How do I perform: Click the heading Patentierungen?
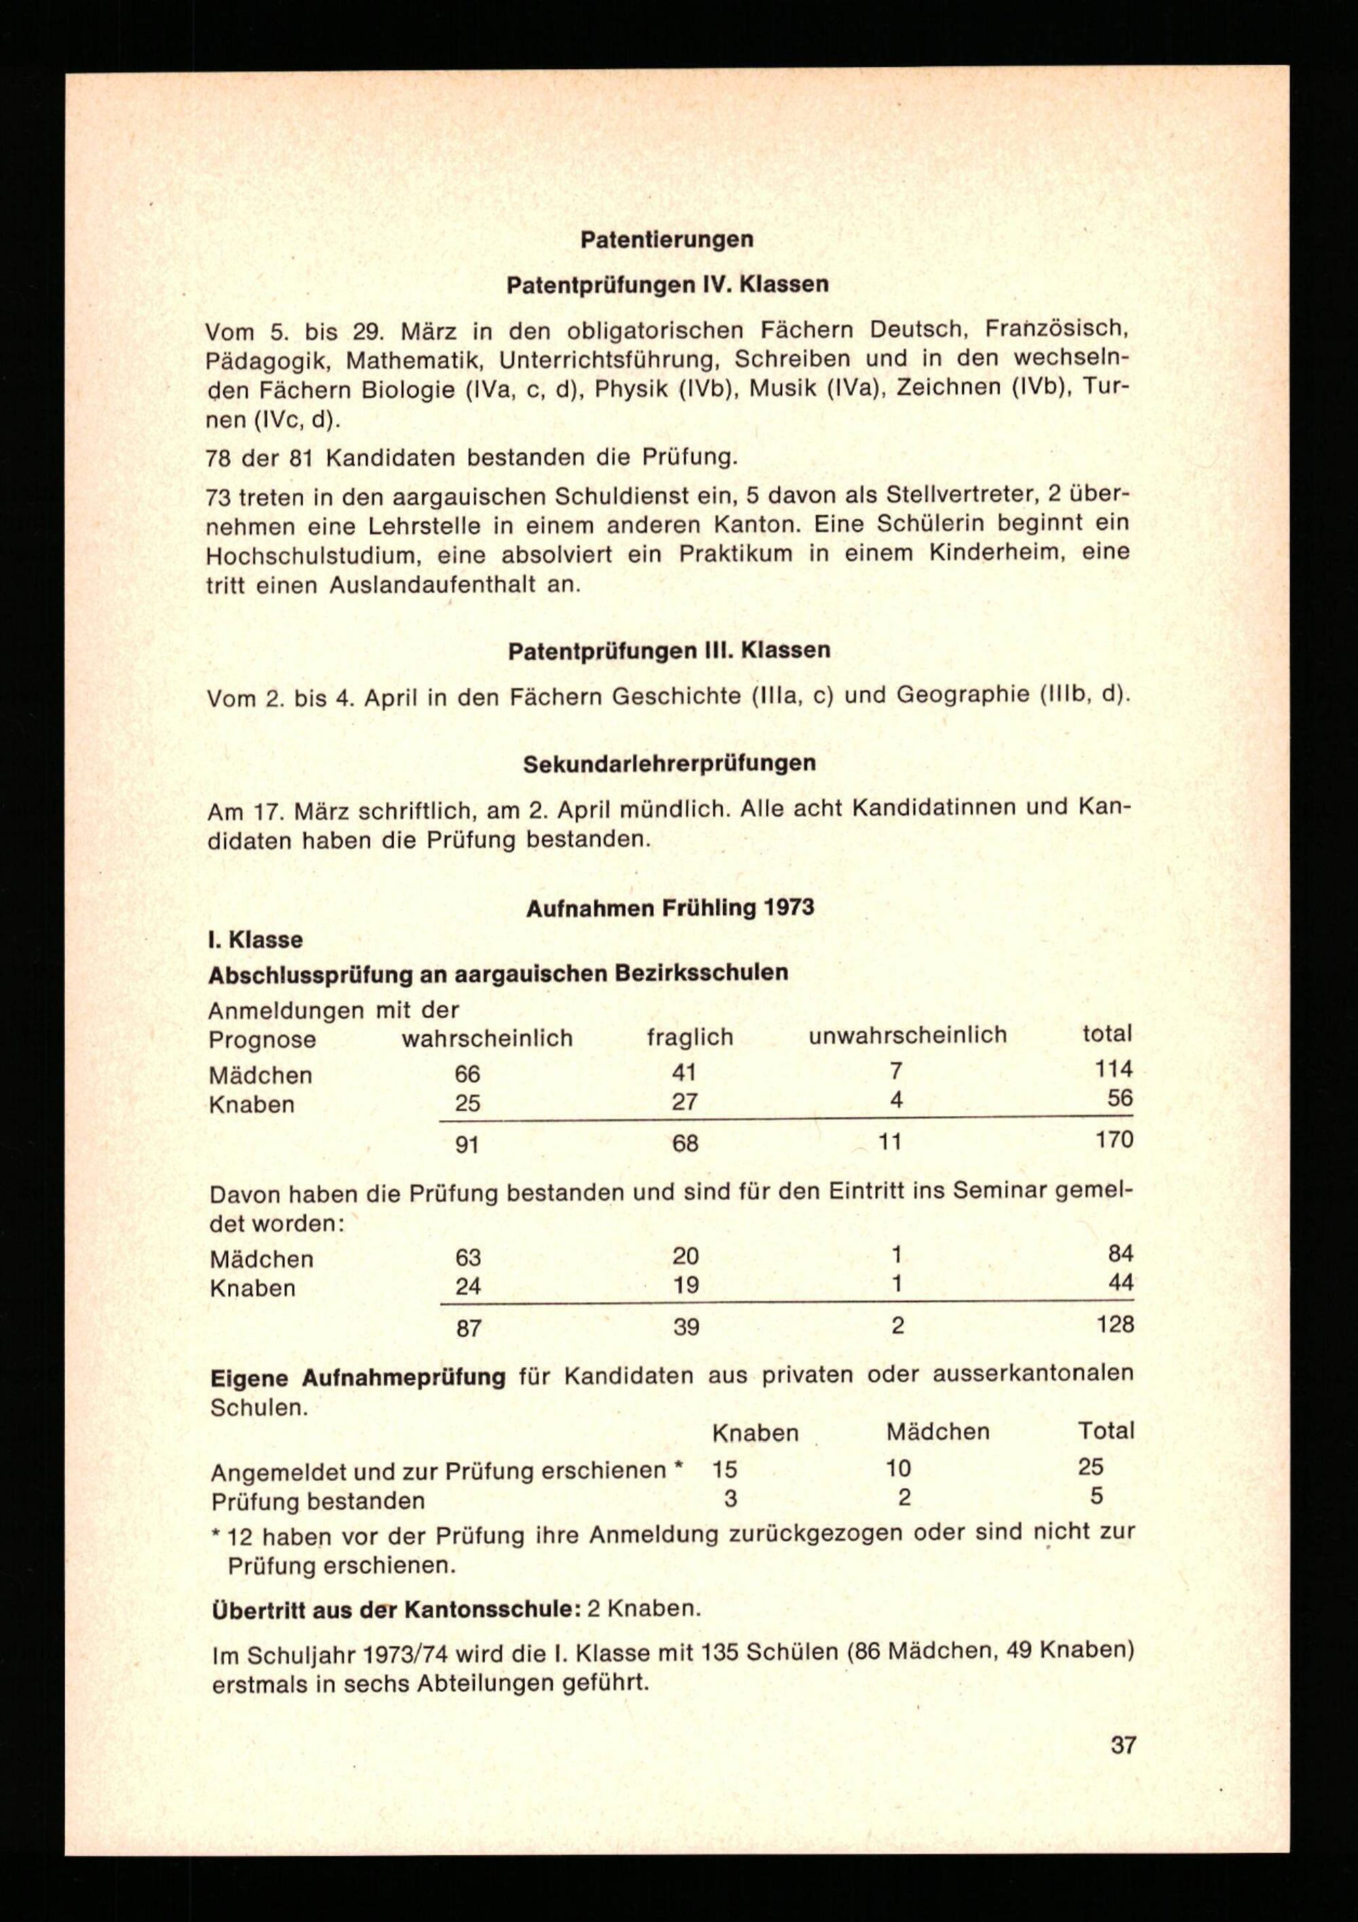coord(667,240)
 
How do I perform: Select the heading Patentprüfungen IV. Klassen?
coord(667,284)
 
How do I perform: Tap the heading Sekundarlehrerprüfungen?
coord(669,764)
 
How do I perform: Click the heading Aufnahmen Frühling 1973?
coord(669,908)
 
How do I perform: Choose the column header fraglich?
coord(690,1037)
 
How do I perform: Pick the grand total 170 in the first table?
coord(1114,1139)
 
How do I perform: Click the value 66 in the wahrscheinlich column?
coord(467,1073)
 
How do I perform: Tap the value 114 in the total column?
coord(1114,1069)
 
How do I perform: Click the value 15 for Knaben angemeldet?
coord(724,1469)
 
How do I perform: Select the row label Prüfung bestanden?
coord(318,1501)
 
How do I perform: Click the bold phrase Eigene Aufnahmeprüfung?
coord(358,1378)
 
